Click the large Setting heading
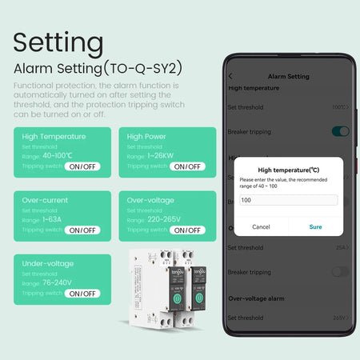click(58, 42)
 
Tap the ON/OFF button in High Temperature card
click(83, 166)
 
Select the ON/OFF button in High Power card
click(187, 166)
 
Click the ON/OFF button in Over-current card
click(83, 230)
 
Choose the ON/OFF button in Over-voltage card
click(187, 230)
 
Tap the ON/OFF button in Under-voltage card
click(83, 294)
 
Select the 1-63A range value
click(54, 219)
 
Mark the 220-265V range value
click(165, 219)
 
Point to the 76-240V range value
click(58, 283)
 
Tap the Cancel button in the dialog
click(261, 226)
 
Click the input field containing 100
click(288, 200)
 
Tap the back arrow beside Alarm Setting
click(230, 77)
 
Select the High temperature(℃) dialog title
click(288, 170)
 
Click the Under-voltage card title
click(48, 263)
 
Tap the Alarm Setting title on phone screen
click(288, 77)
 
